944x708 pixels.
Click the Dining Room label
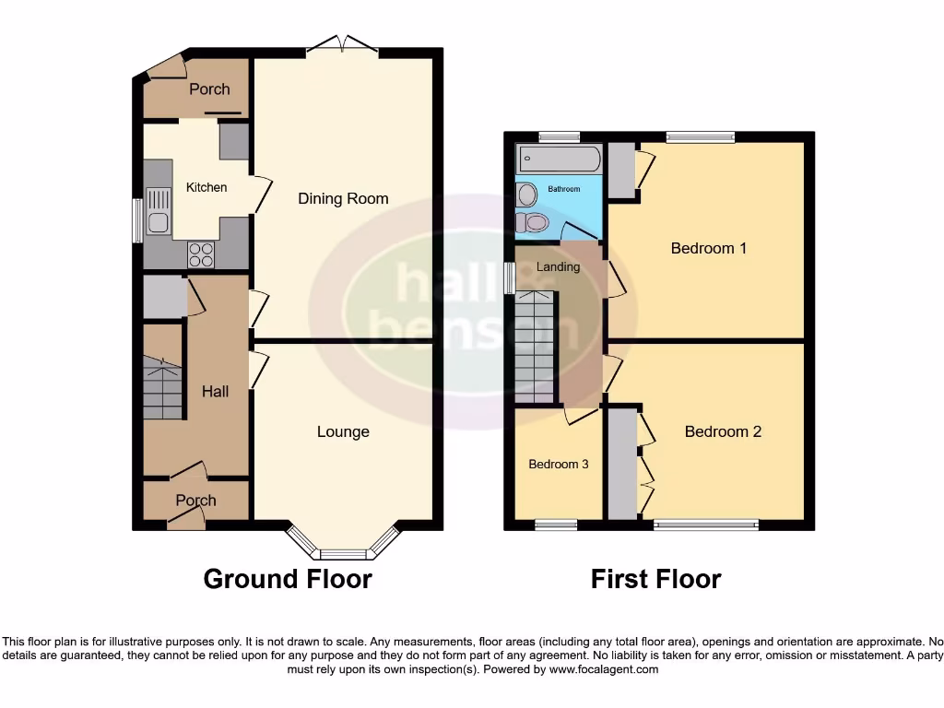click(x=343, y=198)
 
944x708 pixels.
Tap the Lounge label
click(x=343, y=431)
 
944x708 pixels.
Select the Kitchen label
click(x=206, y=187)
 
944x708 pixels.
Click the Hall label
click(x=215, y=392)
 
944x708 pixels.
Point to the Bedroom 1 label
click(x=708, y=248)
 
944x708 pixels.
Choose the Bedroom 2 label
click(x=723, y=431)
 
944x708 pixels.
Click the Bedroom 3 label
click(x=558, y=464)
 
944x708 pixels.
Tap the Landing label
click(x=558, y=267)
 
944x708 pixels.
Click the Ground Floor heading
click(x=287, y=579)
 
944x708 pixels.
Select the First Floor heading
click(x=655, y=579)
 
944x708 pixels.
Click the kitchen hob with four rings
click(x=201, y=254)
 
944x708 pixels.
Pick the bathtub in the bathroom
click(x=559, y=159)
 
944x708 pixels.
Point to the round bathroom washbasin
click(x=527, y=195)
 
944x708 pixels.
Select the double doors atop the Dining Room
click(x=342, y=44)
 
